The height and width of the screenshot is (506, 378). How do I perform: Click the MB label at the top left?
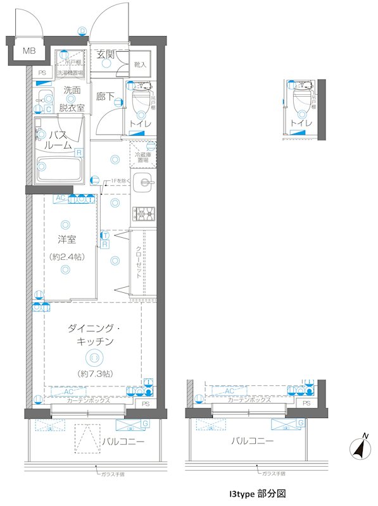(x=29, y=51)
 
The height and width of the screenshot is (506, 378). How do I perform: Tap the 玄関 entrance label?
(x=105, y=55)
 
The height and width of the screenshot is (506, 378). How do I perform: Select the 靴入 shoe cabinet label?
(x=140, y=65)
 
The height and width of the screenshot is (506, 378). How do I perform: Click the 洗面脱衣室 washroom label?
(x=71, y=99)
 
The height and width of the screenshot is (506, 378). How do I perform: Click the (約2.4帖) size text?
(x=66, y=257)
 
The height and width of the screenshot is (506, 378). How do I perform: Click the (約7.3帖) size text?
(x=94, y=374)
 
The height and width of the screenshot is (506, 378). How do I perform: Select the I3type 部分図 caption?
(x=258, y=492)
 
